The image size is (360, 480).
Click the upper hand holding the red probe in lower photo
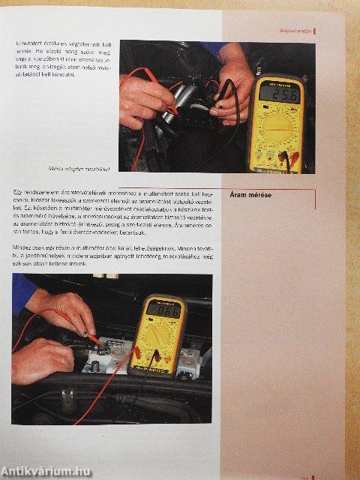point(64,308)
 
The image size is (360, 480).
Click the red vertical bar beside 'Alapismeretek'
point(314,31)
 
